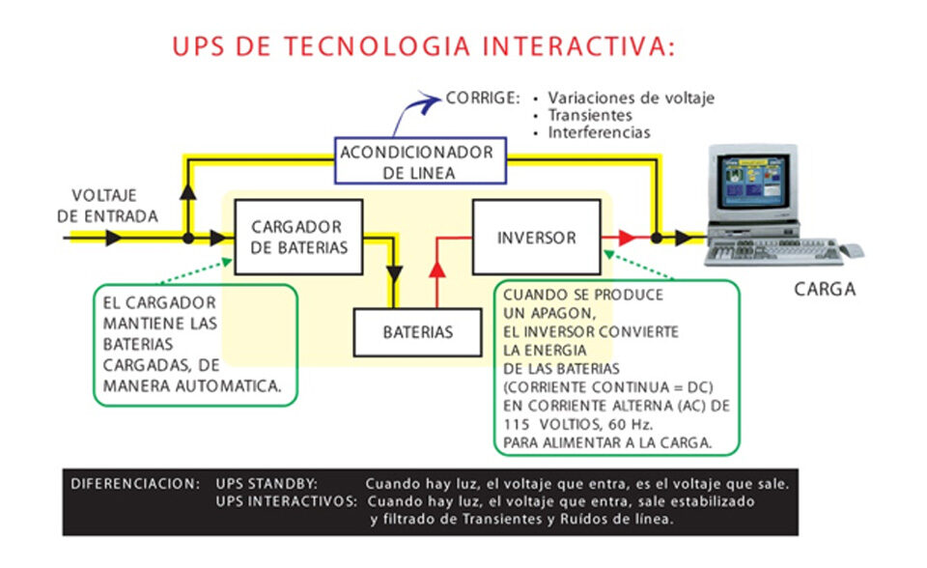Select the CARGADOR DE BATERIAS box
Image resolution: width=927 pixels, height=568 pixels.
(298, 237)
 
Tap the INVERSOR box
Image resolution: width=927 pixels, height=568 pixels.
(536, 238)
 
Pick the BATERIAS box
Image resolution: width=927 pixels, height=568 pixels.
(417, 332)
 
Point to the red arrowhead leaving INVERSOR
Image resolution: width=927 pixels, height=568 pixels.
(627, 237)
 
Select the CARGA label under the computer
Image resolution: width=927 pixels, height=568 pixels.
(825, 289)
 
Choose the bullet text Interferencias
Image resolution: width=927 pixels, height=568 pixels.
(599, 132)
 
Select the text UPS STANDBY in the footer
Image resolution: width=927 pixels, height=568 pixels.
(267, 482)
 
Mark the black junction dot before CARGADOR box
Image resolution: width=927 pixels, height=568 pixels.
(188, 237)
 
